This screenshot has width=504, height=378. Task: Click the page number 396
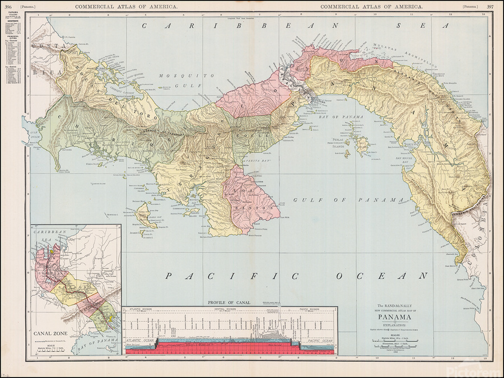click(8, 6)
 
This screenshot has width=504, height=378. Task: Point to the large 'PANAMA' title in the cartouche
click(391, 317)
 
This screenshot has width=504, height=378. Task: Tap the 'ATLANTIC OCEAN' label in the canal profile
click(141, 340)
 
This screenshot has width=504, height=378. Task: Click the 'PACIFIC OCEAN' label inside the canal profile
click(319, 340)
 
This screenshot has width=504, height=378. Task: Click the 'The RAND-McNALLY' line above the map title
click(391, 304)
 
